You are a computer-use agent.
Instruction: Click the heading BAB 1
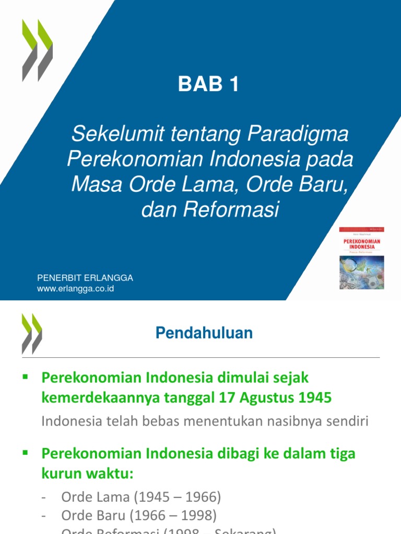tap(208, 84)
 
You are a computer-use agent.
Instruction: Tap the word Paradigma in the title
tap(298, 135)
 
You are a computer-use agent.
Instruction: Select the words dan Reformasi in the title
tap(210, 210)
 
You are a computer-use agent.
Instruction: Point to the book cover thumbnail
tap(361, 258)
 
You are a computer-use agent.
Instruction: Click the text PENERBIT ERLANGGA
tap(85, 278)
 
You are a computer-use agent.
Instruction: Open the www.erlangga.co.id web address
tap(75, 288)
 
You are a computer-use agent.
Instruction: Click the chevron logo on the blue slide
tap(37, 51)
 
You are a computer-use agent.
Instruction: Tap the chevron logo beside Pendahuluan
tap(32, 334)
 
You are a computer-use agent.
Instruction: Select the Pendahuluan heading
tap(204, 333)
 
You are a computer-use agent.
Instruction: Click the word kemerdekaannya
tap(95, 398)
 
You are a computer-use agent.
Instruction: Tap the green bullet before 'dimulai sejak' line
tap(25, 376)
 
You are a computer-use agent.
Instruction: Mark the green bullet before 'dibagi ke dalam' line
tap(25, 453)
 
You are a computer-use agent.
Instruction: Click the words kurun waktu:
tap(87, 475)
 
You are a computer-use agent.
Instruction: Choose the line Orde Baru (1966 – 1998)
tap(138, 516)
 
